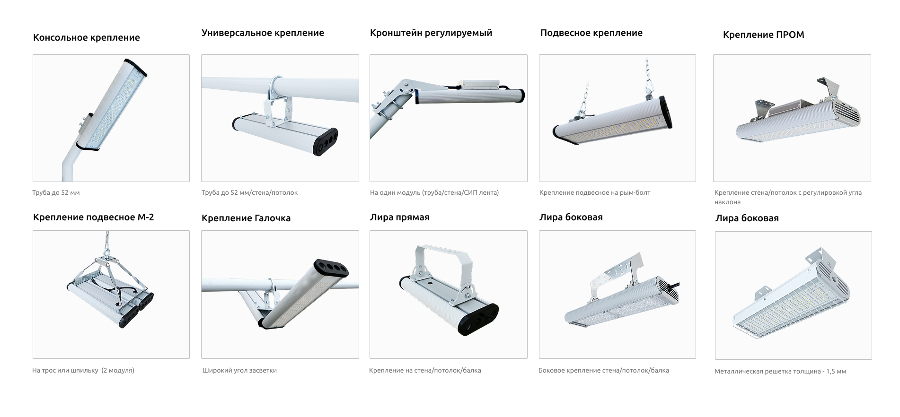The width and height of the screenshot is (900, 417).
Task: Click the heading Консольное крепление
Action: coord(87,38)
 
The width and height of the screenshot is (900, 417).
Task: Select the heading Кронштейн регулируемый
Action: coord(431,33)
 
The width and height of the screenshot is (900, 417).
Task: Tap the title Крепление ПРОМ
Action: coord(763,35)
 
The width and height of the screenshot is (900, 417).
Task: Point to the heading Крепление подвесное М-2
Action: coord(93,217)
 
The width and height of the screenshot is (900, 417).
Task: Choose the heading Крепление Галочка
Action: coord(246,218)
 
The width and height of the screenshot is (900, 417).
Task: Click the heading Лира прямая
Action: coord(400,217)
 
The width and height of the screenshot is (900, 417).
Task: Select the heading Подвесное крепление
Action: coord(591,33)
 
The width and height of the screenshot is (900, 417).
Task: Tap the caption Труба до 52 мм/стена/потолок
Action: coord(249,193)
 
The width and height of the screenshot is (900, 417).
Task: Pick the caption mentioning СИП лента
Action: coord(434,193)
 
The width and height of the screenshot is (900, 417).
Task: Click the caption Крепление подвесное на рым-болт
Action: coord(595,193)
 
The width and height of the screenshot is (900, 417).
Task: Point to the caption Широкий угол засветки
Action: coord(239,371)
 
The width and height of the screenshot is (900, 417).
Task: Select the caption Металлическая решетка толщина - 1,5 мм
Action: coord(780,372)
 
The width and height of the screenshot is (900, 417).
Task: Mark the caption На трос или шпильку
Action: coord(83,371)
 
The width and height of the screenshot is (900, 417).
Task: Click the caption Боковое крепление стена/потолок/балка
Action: coord(604,371)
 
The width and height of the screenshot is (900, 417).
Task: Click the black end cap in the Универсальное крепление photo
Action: coord(325,141)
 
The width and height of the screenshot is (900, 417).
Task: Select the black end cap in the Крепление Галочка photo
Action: coord(331,268)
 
